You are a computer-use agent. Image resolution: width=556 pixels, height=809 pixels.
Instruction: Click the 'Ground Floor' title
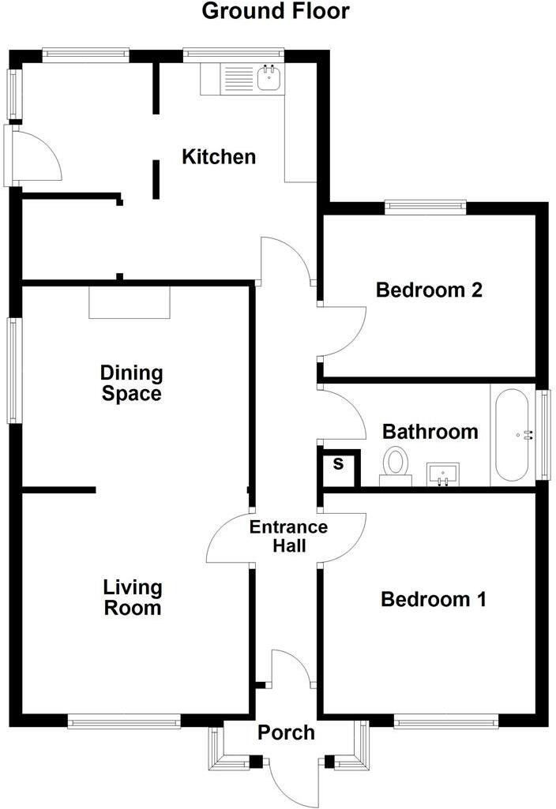pyautogui.click(x=276, y=12)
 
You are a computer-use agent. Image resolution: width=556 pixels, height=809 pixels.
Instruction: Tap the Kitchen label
pyautogui.click(x=219, y=156)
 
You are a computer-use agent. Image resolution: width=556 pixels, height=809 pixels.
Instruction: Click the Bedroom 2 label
pyautogui.click(x=429, y=290)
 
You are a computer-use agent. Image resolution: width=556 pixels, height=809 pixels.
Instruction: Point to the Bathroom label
pyautogui.click(x=430, y=432)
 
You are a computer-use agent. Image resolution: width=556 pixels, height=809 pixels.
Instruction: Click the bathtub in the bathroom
pyautogui.click(x=512, y=435)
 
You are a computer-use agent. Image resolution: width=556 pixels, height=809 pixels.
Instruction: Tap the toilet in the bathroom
pyautogui.click(x=395, y=463)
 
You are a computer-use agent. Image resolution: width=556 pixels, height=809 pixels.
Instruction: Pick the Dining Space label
pyautogui.click(x=131, y=383)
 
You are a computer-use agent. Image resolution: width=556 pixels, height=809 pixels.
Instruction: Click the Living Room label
pyautogui.click(x=133, y=597)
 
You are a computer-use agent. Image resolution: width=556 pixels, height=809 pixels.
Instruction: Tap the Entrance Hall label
pyautogui.click(x=288, y=536)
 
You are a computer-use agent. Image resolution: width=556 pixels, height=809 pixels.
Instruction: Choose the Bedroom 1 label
pyautogui.click(x=433, y=600)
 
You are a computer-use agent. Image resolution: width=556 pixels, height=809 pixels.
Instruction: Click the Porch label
pyautogui.click(x=286, y=732)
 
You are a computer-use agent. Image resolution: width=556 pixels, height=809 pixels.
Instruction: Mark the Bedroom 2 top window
pyautogui.click(x=425, y=207)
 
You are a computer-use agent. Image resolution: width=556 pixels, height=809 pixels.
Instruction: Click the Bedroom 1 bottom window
pyautogui.click(x=445, y=721)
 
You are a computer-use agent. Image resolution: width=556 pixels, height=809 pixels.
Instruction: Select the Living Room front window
pyautogui.click(x=124, y=721)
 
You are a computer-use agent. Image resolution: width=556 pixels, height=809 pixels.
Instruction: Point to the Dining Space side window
pyautogui.click(x=13, y=369)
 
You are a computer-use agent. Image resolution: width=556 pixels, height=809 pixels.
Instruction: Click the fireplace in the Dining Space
pyautogui.click(x=130, y=302)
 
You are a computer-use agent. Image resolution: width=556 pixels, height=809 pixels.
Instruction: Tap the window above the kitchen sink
pyautogui.click(x=232, y=54)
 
